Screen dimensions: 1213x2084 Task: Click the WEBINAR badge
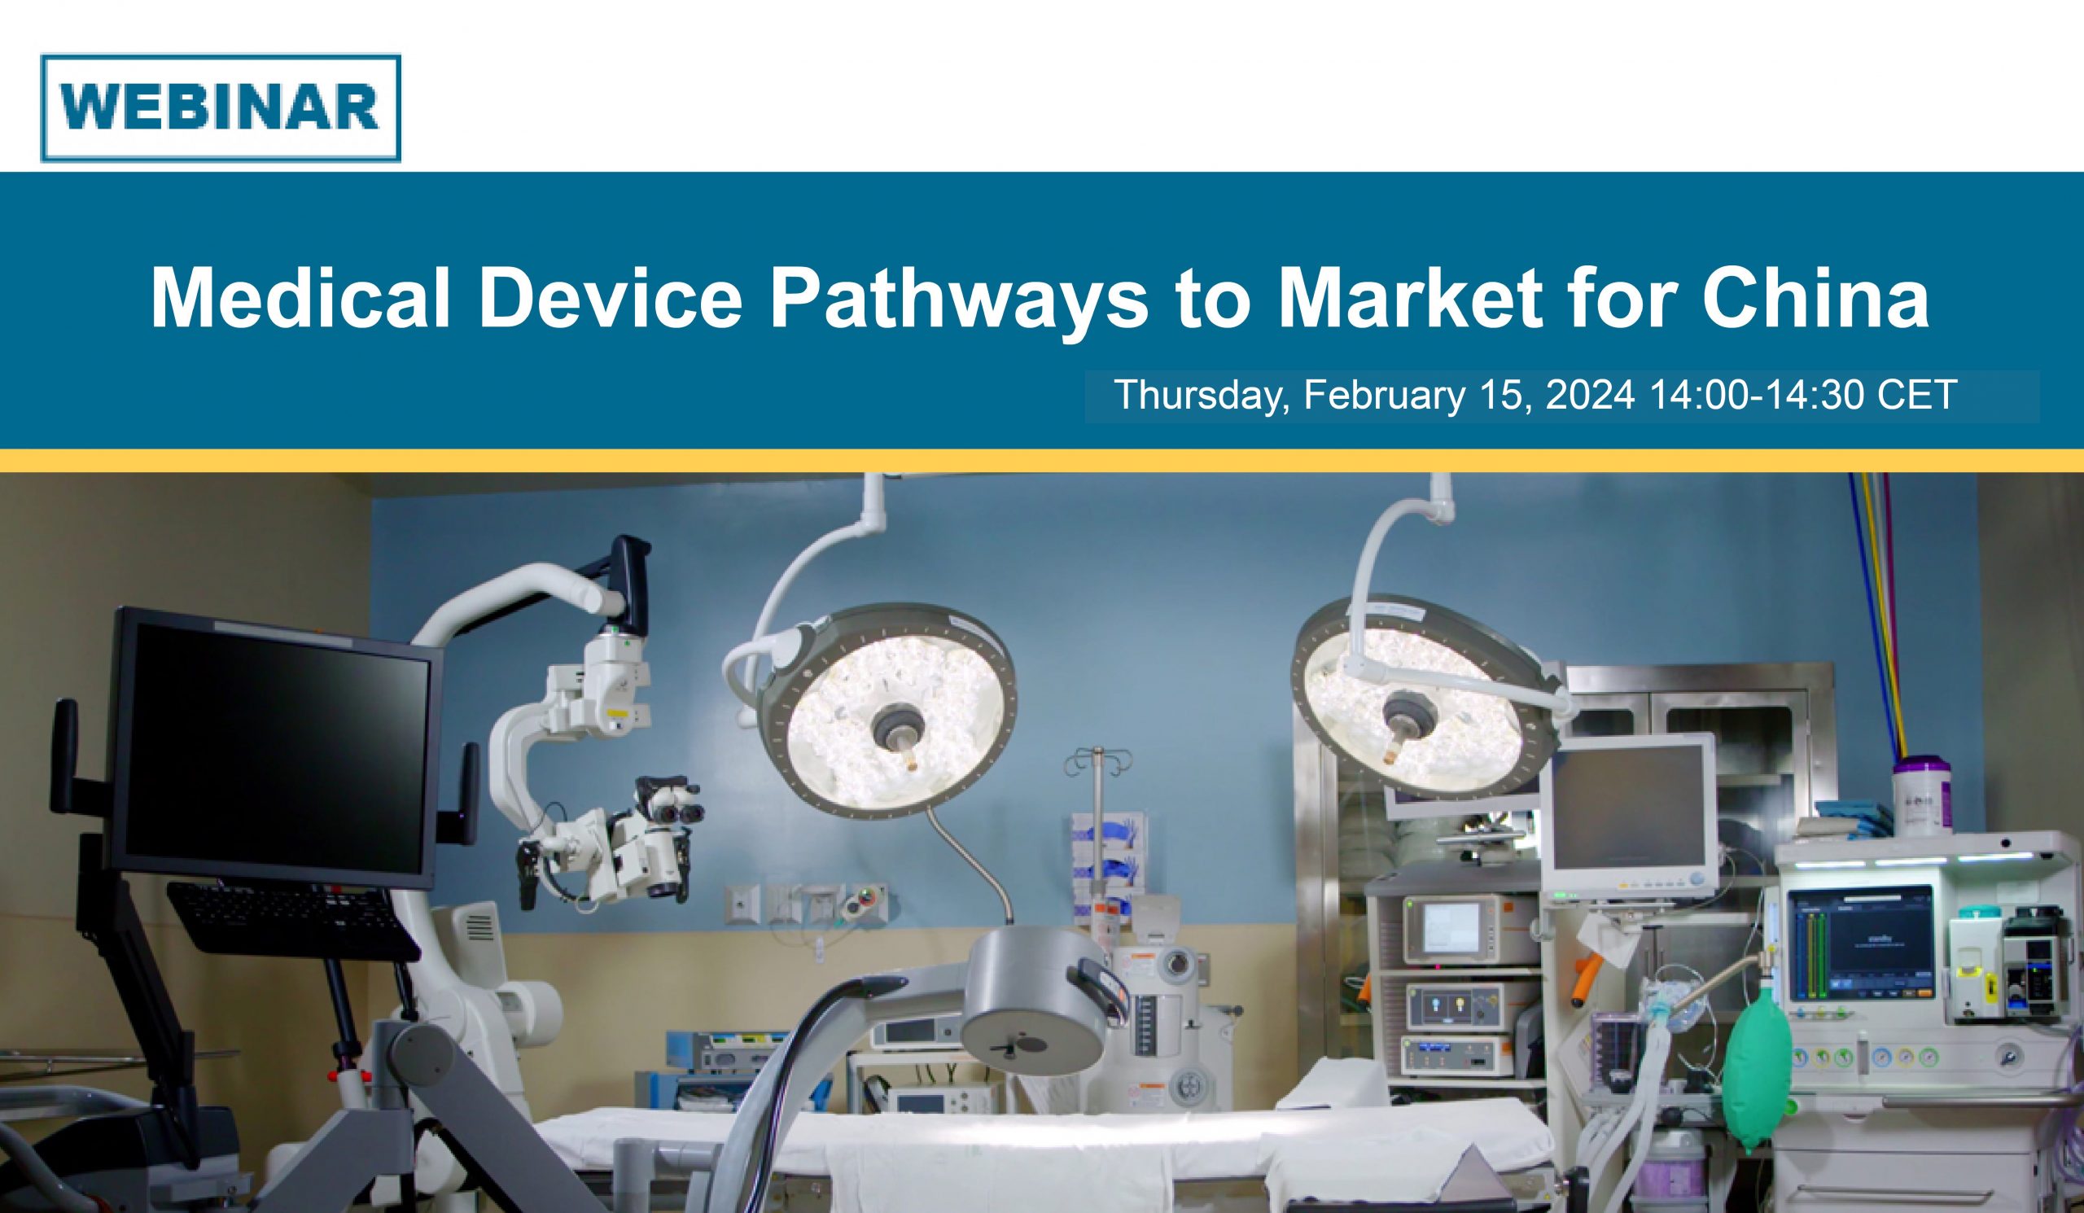click(220, 107)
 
